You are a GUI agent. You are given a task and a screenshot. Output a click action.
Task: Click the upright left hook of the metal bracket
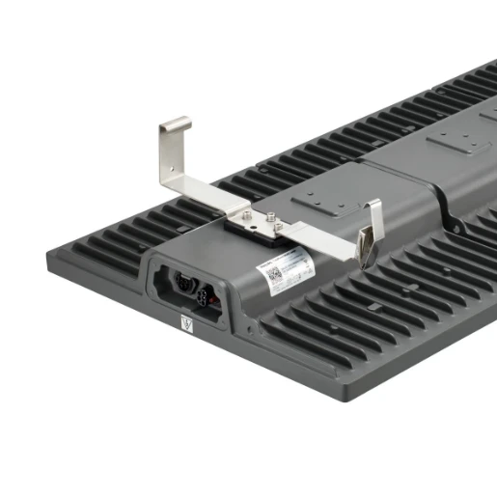click(x=171, y=154)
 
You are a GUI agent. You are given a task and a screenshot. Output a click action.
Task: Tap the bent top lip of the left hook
click(x=175, y=123)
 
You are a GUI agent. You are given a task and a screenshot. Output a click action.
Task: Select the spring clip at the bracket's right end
click(x=369, y=248)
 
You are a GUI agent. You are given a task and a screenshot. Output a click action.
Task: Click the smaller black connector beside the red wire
click(x=207, y=290)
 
